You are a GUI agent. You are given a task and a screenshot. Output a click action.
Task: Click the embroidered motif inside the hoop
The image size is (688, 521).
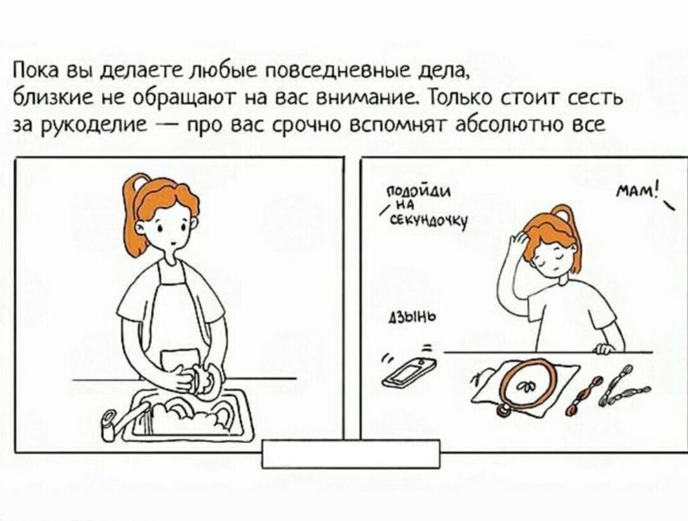point(527,385)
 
